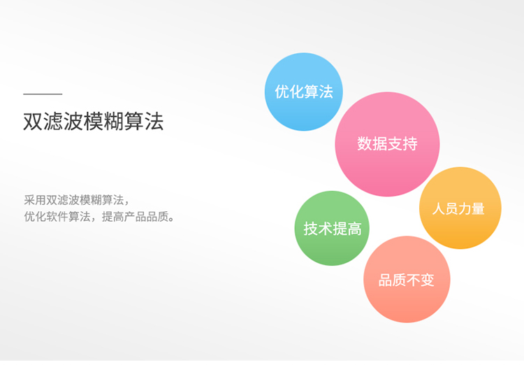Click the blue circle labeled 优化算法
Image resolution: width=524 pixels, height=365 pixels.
pos(304,92)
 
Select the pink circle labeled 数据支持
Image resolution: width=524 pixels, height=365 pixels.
pos(387,144)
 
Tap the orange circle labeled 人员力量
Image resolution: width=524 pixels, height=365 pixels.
pos(460,208)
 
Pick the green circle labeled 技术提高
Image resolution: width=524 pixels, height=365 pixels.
pos(332,228)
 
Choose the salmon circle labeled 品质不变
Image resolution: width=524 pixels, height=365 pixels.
pos(407,280)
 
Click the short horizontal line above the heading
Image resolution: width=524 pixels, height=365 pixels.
pos(43,94)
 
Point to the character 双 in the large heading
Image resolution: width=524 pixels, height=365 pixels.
pos(33,121)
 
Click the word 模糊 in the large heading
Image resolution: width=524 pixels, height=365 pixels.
pos(103,121)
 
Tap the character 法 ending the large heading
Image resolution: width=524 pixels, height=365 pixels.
pos(154,121)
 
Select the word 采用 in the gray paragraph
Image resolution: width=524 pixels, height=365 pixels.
pos(35,200)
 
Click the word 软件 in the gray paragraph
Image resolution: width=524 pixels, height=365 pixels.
pos(57,217)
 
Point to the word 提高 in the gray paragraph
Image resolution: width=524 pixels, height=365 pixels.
pos(112,217)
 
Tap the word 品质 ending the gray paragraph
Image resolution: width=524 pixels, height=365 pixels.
pos(157,217)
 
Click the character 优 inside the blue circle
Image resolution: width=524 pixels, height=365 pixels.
pos(282,92)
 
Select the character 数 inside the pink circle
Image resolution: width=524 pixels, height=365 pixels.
pos(365,144)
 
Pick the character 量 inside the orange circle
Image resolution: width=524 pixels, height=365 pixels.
pos(478,208)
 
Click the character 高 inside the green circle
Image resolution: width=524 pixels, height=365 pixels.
pos(354,229)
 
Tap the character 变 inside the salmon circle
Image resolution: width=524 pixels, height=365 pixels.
pos(428,280)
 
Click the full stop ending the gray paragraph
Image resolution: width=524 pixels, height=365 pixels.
pos(171,220)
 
